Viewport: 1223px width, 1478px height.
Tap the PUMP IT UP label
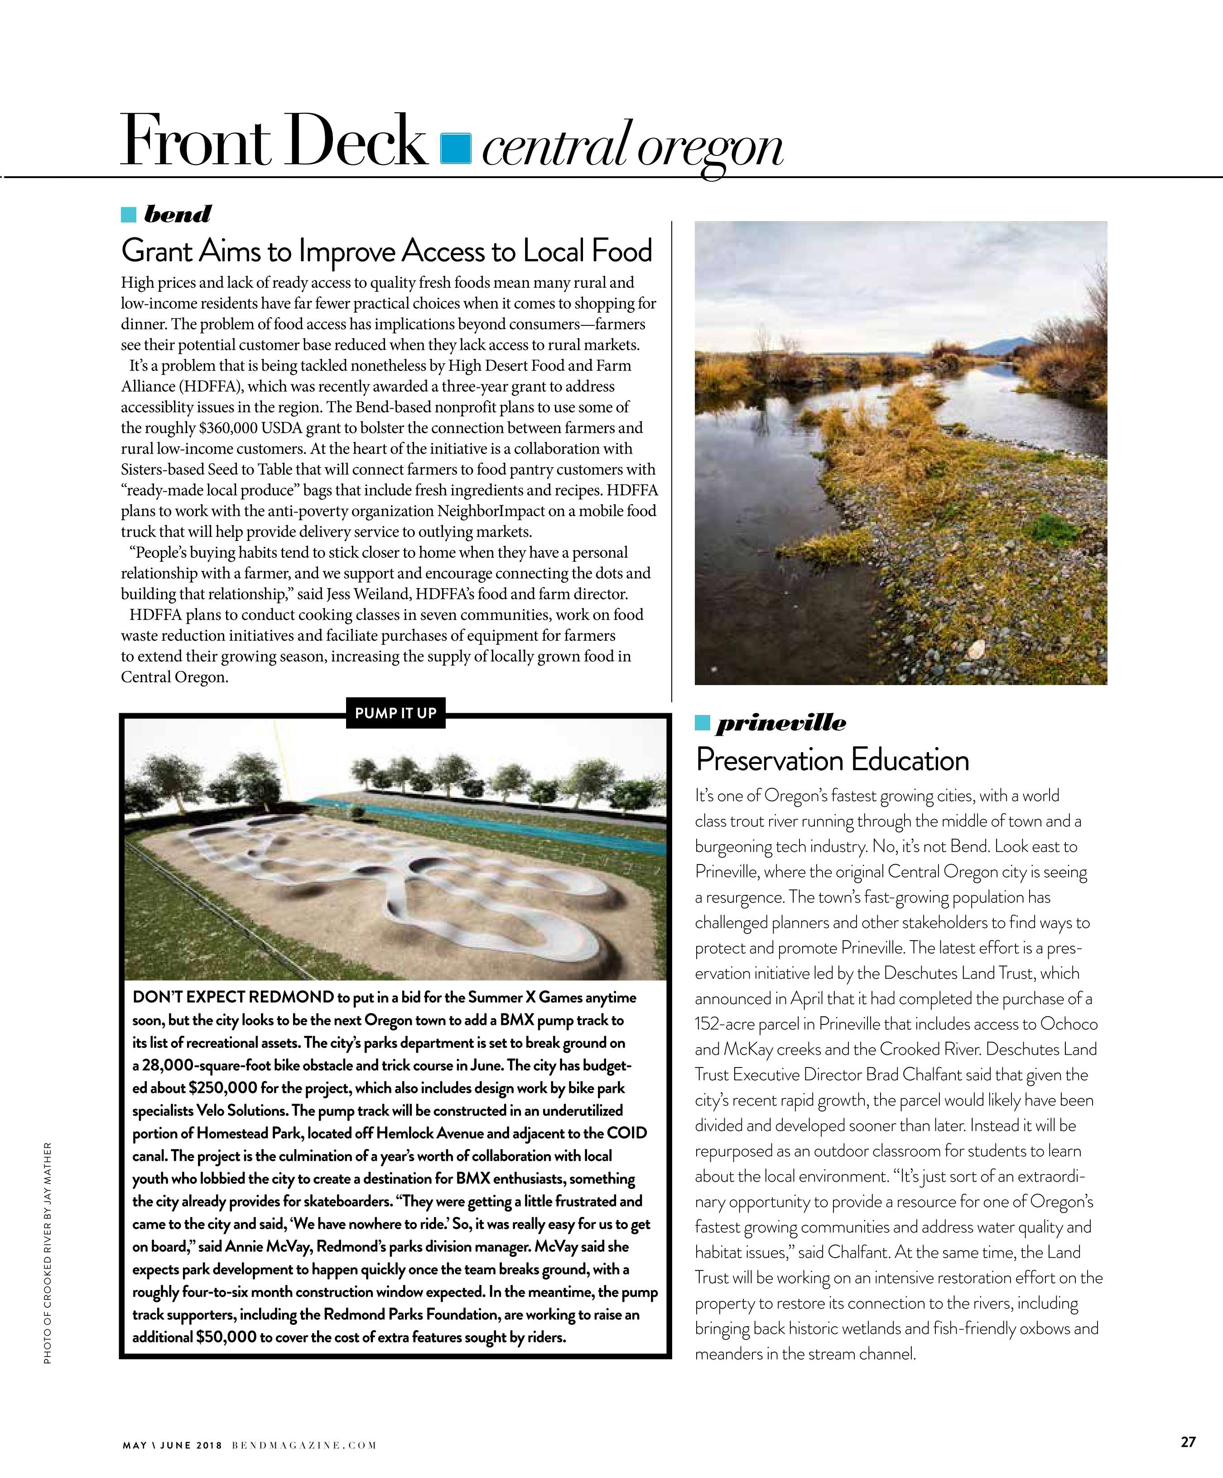click(x=395, y=713)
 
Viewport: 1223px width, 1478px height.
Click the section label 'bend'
click(x=177, y=214)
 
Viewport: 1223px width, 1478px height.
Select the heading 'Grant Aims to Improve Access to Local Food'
click(x=387, y=251)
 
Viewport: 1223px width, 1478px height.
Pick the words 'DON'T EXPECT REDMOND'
click(x=233, y=997)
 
